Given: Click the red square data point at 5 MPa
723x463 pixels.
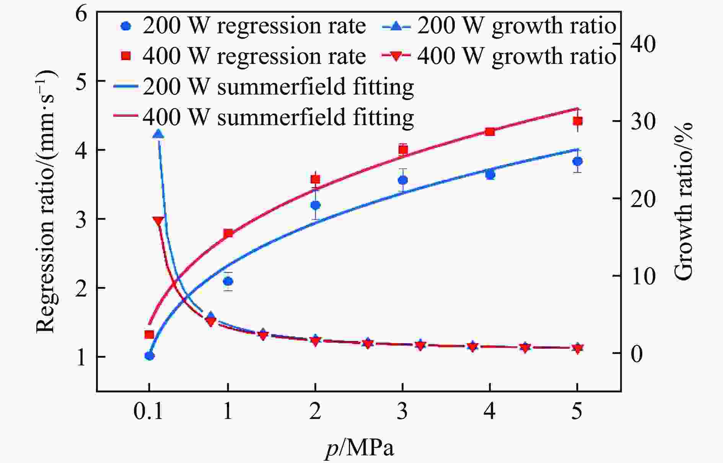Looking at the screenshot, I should coord(577,121).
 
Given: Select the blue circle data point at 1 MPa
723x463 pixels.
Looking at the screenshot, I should coord(228,281).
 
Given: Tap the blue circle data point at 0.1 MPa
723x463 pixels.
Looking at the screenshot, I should coord(150,356).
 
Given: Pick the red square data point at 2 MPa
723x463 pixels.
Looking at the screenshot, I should coord(315,179).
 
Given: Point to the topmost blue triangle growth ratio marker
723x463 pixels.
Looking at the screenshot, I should coord(158,134).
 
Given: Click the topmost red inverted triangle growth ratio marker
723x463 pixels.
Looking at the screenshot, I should coord(158,221).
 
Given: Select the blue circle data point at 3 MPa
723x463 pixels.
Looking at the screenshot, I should coord(403,180).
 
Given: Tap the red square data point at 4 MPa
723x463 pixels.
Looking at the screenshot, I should coord(490,132).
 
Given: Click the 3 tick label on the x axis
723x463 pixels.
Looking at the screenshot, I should coord(402,412).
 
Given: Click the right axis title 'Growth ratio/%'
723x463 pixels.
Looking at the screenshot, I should coord(683,201).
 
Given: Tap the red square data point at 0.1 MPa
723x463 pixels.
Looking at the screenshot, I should coord(149,334).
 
